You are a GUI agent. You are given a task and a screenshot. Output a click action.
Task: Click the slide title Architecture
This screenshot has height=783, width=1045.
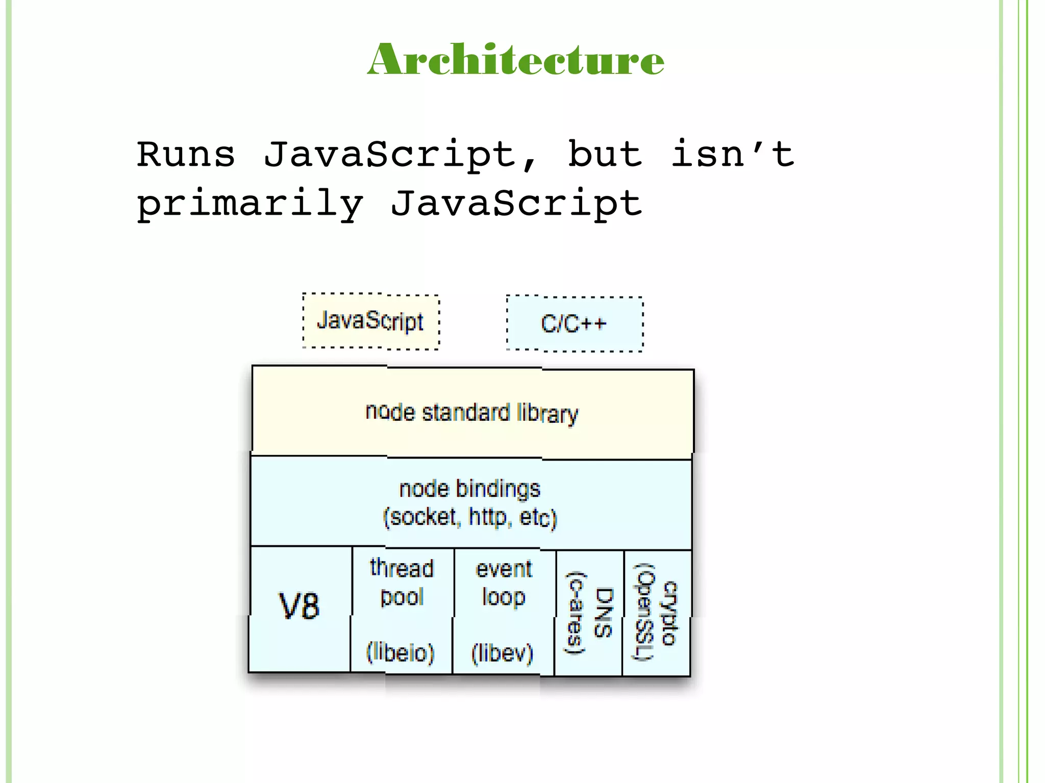(515, 60)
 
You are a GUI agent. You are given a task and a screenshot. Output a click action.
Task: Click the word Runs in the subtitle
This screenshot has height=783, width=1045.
(186, 154)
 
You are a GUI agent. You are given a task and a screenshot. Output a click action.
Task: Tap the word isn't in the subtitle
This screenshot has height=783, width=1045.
(732, 154)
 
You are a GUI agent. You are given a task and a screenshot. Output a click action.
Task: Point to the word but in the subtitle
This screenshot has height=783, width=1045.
(605, 154)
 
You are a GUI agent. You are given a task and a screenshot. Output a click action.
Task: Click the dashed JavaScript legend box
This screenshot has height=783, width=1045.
(371, 321)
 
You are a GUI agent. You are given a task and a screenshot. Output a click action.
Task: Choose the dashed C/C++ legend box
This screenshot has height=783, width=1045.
(575, 324)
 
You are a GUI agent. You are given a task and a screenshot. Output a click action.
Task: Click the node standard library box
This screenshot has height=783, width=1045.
(472, 412)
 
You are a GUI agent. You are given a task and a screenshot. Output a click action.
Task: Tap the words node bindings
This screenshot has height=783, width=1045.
(469, 489)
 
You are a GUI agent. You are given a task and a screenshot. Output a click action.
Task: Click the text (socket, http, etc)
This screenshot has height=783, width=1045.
(469, 517)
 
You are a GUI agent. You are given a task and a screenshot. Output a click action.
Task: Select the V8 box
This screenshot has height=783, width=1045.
(300, 607)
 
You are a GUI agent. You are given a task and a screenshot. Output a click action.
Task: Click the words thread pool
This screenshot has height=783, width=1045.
(402, 583)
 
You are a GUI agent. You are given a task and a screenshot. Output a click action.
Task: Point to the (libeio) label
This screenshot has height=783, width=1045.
(401, 652)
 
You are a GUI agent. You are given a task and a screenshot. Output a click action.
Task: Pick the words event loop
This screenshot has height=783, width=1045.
(504, 583)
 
